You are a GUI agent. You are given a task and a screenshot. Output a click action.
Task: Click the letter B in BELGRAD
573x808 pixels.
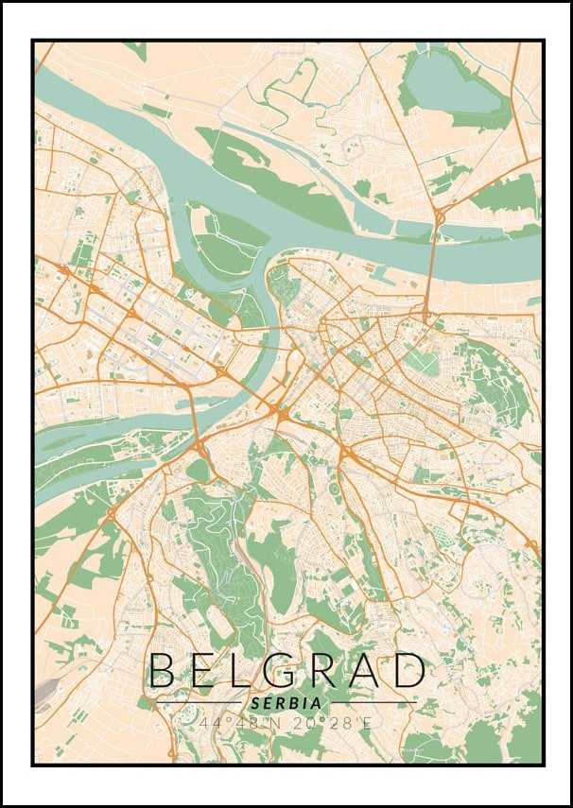pyautogui.click(x=163, y=670)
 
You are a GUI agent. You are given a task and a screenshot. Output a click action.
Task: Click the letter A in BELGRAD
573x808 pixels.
pyautogui.click(x=367, y=670)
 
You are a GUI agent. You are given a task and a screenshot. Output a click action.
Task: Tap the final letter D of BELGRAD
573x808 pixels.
pyautogui.click(x=408, y=670)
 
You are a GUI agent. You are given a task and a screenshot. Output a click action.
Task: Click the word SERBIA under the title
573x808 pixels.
pyautogui.click(x=286, y=704)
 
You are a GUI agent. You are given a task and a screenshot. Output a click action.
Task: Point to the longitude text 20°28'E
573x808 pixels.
pyautogui.click(x=329, y=723)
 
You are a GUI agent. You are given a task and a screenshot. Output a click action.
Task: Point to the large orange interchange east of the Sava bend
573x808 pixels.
pyautogui.click(x=280, y=412)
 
